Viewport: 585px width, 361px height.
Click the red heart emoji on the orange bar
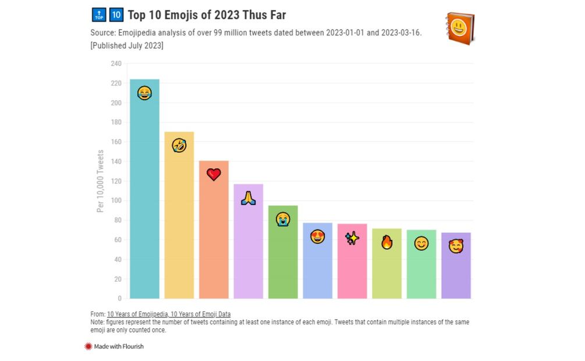click(214, 174)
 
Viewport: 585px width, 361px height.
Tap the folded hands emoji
click(249, 198)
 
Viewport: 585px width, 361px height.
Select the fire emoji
click(387, 242)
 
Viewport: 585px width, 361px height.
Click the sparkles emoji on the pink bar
click(352, 238)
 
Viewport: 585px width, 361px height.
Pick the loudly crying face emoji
click(283, 219)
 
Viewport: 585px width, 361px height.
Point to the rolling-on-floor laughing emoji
click(179, 145)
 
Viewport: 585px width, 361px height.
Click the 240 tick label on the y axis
click(116, 63)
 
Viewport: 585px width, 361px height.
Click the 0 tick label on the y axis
click(119, 299)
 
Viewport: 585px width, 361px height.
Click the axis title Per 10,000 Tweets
click(101, 181)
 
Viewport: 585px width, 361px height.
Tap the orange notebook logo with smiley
click(459, 27)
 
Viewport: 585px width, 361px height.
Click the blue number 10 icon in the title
click(116, 15)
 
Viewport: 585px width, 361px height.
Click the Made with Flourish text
click(119, 346)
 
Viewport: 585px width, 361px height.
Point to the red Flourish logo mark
click(88, 346)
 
